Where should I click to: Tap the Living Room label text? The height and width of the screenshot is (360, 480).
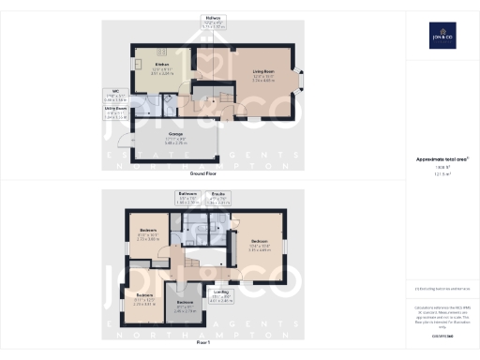click(x=262, y=71)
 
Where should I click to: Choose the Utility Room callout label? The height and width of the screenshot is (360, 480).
click(x=116, y=113)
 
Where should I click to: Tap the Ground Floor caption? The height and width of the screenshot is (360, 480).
click(x=203, y=173)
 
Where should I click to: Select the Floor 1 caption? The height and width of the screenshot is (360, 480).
click(x=203, y=341)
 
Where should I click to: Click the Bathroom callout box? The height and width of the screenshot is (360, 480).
click(x=187, y=198)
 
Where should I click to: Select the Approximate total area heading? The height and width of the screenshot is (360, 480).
click(x=442, y=160)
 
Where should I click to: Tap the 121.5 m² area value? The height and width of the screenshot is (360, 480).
click(x=442, y=175)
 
